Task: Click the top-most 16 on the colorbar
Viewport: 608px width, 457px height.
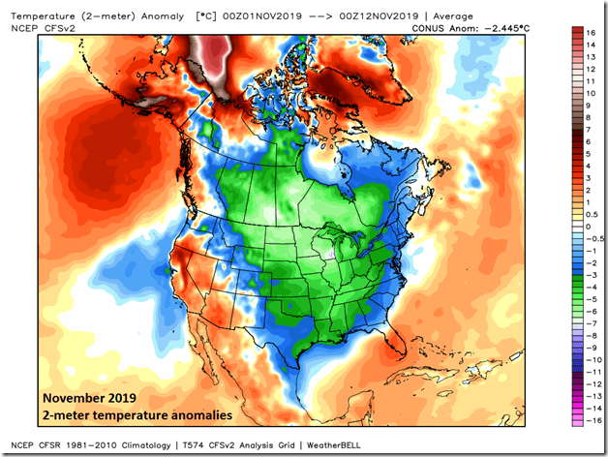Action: (590, 31)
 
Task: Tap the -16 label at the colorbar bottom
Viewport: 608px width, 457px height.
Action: (589, 421)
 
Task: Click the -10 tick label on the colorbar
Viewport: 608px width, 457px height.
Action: (589, 357)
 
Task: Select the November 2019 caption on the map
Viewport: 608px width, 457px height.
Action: (83, 398)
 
